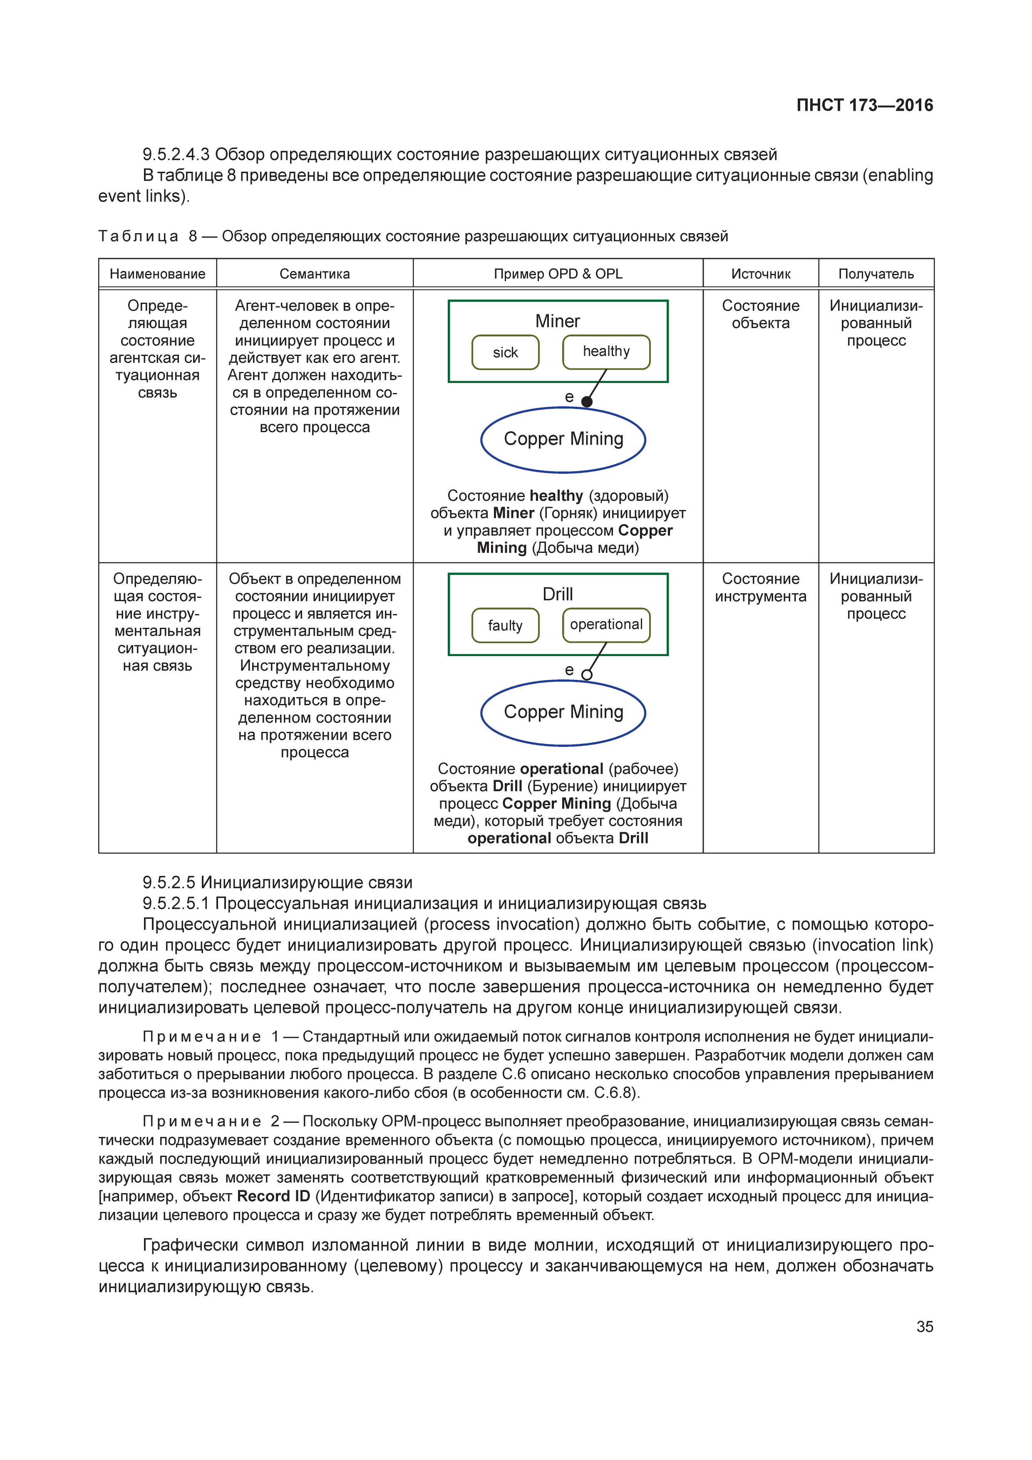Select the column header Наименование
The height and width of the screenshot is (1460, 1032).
click(x=158, y=274)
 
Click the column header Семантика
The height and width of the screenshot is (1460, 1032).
click(x=315, y=274)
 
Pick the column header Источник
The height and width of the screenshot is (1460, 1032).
click(x=761, y=274)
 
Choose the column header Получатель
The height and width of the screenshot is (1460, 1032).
click(x=876, y=274)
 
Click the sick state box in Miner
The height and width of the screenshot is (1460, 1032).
click(x=505, y=352)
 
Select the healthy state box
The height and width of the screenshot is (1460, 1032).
click(x=606, y=352)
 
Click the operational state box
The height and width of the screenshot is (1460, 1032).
click(x=606, y=624)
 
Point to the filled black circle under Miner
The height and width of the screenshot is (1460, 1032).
click(x=587, y=401)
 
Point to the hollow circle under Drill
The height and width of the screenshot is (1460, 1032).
click(x=587, y=675)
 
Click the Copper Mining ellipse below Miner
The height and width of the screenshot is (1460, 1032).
click(x=563, y=439)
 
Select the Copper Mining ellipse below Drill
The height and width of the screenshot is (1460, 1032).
click(x=563, y=712)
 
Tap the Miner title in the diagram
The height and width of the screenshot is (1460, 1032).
click(x=557, y=321)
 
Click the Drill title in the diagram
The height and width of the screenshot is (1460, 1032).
click(x=557, y=594)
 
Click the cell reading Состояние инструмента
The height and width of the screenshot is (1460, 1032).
click(x=761, y=587)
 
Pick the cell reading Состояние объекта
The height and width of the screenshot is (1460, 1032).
click(x=761, y=314)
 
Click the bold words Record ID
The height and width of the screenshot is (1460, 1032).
click(x=273, y=1196)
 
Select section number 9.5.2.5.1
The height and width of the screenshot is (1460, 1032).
click(x=176, y=903)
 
